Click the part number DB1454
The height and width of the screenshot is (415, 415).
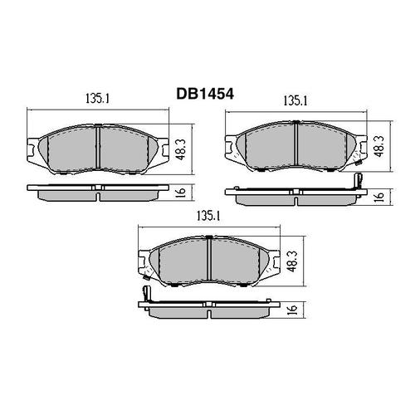205,94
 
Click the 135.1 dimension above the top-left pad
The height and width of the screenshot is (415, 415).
97,99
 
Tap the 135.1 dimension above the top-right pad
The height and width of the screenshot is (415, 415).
295,101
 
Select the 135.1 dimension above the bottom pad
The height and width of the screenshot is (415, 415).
207,217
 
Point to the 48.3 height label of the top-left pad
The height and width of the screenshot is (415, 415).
181,149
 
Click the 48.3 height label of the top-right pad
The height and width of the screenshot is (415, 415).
379,146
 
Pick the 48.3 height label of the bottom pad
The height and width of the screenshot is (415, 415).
292,261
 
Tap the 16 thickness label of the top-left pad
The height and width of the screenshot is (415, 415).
181,191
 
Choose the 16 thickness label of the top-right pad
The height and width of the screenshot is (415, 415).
380,196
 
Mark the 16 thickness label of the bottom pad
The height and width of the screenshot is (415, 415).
293,308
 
